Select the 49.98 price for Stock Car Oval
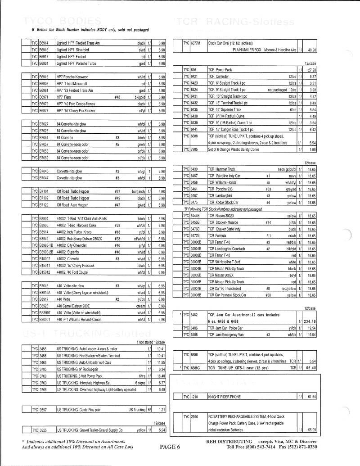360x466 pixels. tap(312, 50)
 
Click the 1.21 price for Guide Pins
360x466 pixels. tap(162, 409)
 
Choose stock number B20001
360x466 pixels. tap(46, 319)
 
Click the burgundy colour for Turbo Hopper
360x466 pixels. tap(137, 191)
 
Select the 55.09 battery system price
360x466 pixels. tap(312, 430)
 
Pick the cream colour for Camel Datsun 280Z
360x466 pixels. tap(139, 306)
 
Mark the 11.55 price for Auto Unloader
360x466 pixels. tap(161, 362)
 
